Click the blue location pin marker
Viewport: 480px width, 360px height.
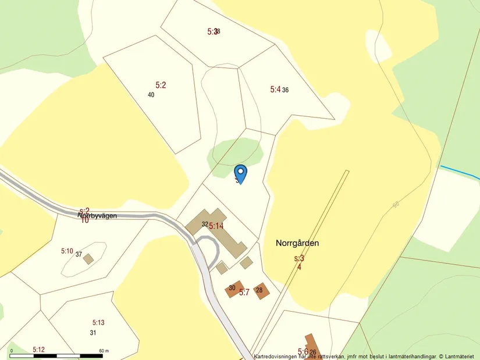pyautogui.click(x=240, y=173)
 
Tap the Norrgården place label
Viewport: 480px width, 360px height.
pyautogui.click(x=298, y=243)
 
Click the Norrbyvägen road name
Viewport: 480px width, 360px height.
pyautogui.click(x=98, y=215)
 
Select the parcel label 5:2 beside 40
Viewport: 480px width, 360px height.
pyautogui.click(x=161, y=85)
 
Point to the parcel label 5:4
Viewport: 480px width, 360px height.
pyautogui.click(x=275, y=90)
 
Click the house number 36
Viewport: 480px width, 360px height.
pyautogui.click(x=286, y=90)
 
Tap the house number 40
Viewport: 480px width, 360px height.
pyautogui.click(x=151, y=95)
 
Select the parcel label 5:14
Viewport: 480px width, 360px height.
pyautogui.click(x=216, y=226)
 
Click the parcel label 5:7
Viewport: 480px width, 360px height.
pyautogui.click(x=244, y=292)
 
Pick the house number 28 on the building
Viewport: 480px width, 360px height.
pyautogui.click(x=259, y=290)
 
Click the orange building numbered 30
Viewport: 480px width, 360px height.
pyautogui.click(x=233, y=289)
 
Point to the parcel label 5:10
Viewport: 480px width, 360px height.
pyautogui.click(x=67, y=251)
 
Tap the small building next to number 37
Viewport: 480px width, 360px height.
pyautogui.click(x=88, y=259)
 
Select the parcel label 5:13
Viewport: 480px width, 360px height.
pyautogui.click(x=98, y=322)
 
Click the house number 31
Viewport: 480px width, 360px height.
pyautogui.click(x=93, y=333)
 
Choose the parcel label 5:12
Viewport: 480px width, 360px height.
pyautogui.click(x=38, y=350)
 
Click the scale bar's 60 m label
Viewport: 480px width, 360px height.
pyautogui.click(x=104, y=351)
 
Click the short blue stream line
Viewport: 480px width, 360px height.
pyautogui.click(x=460, y=173)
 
